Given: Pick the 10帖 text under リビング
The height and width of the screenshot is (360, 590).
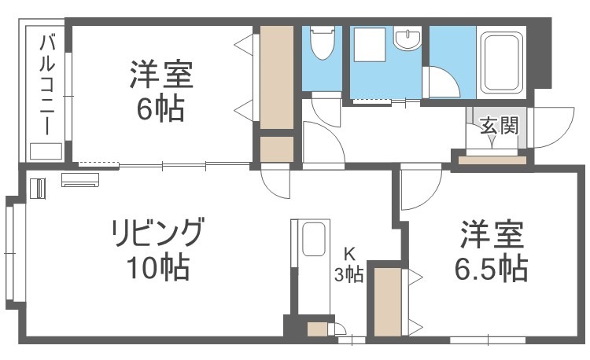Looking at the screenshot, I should tap(157, 268).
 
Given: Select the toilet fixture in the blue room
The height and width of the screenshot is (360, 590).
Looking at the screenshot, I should tap(322, 42).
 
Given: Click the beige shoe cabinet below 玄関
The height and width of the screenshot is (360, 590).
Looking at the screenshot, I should tap(492, 160).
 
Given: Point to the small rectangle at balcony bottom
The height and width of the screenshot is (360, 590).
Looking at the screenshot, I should tap(46, 151).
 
